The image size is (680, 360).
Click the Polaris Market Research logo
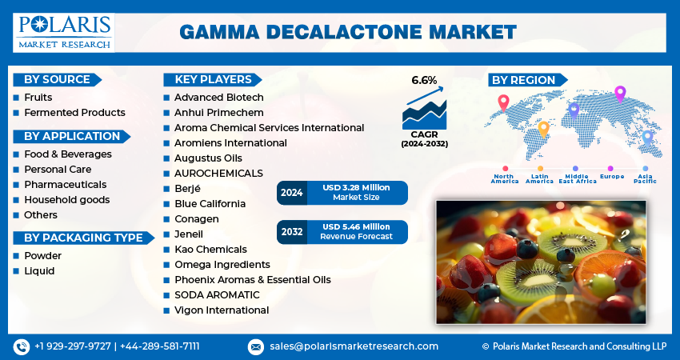click(x=65, y=32)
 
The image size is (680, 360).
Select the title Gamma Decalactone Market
click(x=348, y=32)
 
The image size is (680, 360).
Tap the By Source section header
click(x=55, y=79)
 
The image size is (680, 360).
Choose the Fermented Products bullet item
click(x=74, y=113)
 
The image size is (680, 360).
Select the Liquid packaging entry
click(x=39, y=271)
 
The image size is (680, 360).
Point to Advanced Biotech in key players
click(x=218, y=98)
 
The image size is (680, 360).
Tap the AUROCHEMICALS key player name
click(x=218, y=174)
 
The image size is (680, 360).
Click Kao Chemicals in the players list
click(x=210, y=250)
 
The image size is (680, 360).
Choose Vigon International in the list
click(x=222, y=310)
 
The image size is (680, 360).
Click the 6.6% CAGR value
click(x=424, y=80)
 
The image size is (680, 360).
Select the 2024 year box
click(x=290, y=193)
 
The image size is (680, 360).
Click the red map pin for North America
click(x=503, y=102)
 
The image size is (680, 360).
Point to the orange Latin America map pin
click(x=543, y=128)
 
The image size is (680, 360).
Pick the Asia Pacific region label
click(x=645, y=178)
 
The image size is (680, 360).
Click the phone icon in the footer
click(x=21, y=346)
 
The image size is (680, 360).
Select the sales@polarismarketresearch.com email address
click(x=354, y=346)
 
